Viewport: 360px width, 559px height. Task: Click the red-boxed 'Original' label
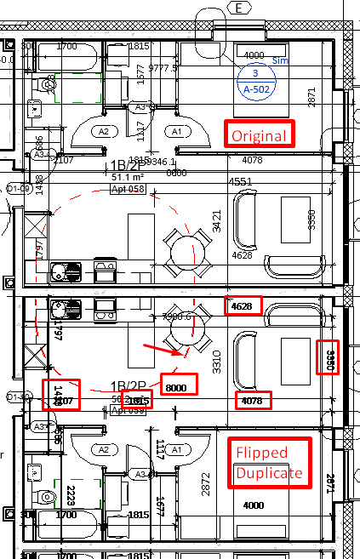pyautogui.click(x=259, y=134)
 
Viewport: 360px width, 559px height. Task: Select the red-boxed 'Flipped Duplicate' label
pyautogui.click(x=267, y=462)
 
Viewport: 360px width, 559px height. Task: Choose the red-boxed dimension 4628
pyautogui.click(x=243, y=306)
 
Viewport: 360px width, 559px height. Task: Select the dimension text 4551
pyautogui.click(x=243, y=181)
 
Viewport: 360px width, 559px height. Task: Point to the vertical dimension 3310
pyautogui.click(x=216, y=363)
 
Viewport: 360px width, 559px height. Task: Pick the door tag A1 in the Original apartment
pyautogui.click(x=176, y=132)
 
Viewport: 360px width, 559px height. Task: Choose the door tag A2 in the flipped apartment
pyautogui.click(x=104, y=449)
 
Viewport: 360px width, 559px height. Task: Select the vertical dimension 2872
pyautogui.click(x=204, y=481)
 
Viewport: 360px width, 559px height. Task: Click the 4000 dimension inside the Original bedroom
pyautogui.click(x=254, y=56)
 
